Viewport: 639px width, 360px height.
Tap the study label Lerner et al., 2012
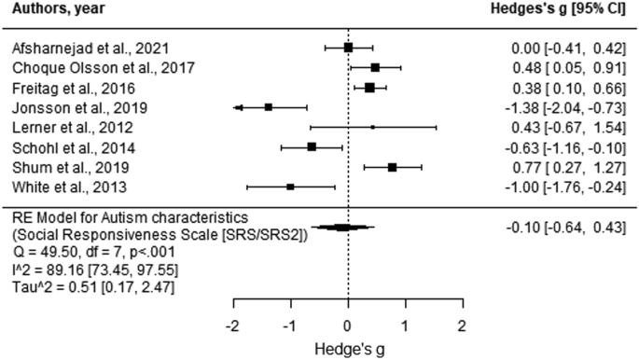65,127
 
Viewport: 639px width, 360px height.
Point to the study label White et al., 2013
63,187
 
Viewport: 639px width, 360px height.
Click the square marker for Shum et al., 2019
392,167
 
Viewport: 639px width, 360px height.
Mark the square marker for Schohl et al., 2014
312,146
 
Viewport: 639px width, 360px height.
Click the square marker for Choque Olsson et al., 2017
375,67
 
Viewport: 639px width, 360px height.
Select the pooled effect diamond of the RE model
342,227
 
